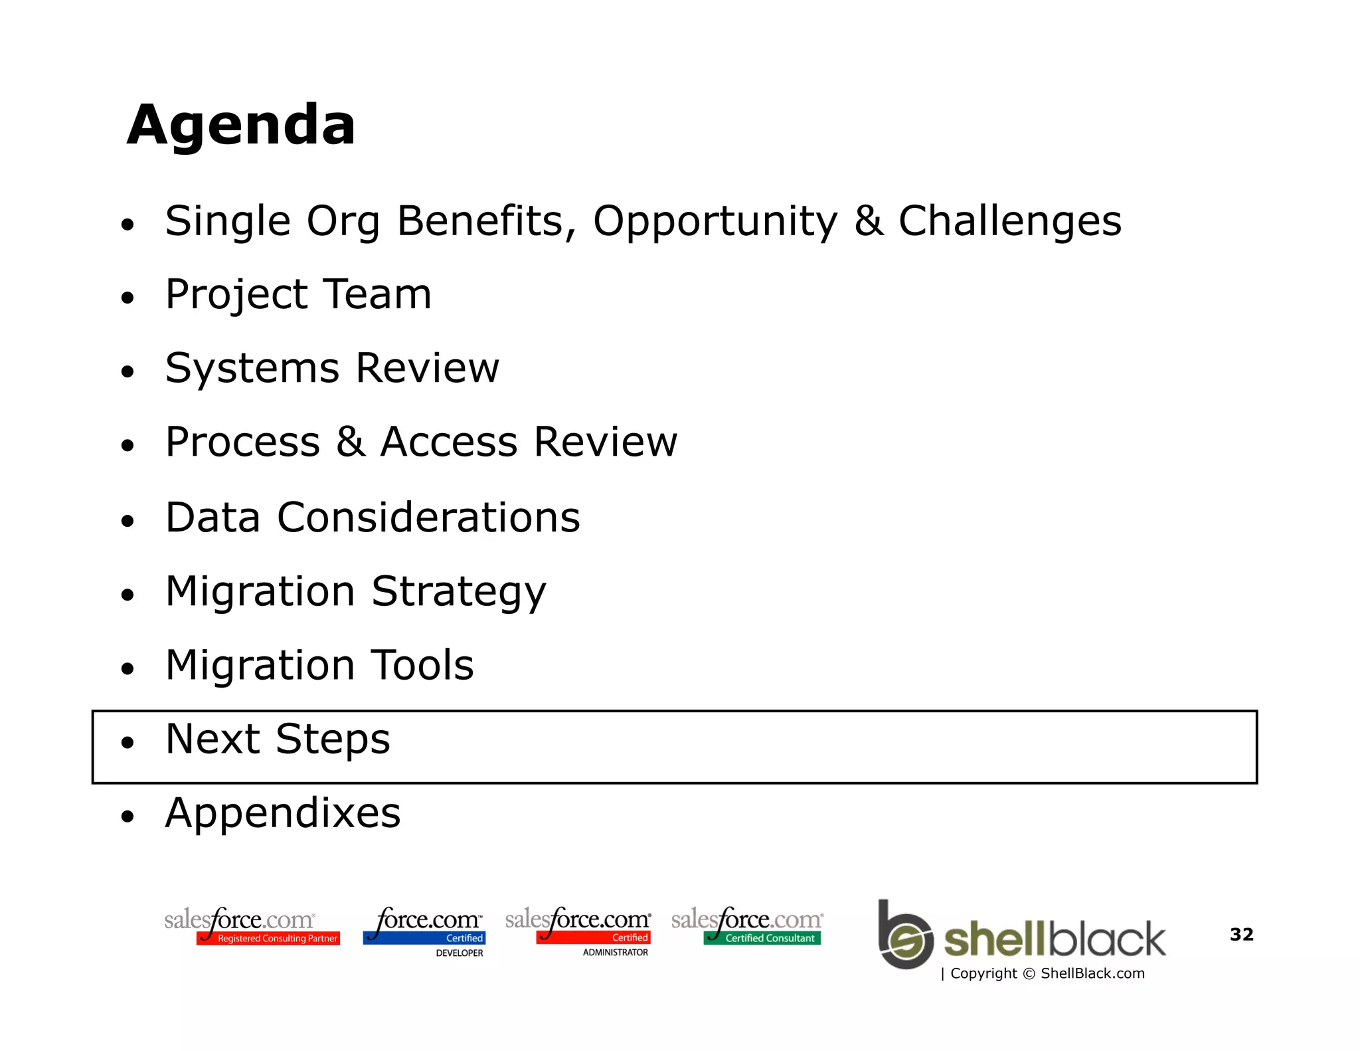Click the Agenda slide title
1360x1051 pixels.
(241, 125)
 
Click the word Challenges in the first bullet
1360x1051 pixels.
(1009, 221)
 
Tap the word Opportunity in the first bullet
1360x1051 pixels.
(715, 221)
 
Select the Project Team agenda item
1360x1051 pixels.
(298, 294)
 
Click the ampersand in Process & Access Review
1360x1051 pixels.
(351, 442)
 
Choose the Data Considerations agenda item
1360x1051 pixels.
(373, 518)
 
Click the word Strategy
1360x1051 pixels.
(458, 591)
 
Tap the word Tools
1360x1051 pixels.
(422, 665)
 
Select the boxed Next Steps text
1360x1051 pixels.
(278, 739)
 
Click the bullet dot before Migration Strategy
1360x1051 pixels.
(127, 595)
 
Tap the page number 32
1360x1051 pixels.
(1241, 934)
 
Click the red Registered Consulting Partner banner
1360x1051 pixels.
(268, 938)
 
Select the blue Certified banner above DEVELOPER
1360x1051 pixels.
(424, 938)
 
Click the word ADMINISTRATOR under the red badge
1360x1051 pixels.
(615, 952)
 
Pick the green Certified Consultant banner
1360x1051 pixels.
(762, 938)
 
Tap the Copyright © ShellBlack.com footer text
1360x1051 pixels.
(1047, 973)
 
